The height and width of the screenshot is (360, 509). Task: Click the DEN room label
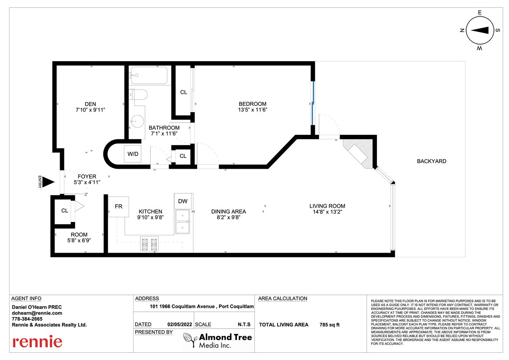90,104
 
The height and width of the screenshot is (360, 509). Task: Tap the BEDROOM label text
253,104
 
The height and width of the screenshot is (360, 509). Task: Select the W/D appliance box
133,154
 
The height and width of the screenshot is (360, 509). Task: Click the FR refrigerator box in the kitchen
119,206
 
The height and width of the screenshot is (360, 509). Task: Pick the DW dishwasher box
183,201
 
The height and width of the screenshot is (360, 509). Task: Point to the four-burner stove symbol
149,244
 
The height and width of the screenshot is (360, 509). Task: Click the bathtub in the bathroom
149,76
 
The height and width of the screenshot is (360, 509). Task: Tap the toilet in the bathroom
138,95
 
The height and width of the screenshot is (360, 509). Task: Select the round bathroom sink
137,122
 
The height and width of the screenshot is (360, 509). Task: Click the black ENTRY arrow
48,182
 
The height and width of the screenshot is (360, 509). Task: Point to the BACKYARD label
431,161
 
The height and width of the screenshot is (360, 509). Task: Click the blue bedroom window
313,103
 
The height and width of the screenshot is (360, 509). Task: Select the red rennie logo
37,342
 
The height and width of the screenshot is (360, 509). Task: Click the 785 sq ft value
330,325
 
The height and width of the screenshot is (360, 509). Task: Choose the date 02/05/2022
179,324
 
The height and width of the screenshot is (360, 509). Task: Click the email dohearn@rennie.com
37,313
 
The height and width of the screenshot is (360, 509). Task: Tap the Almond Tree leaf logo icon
190,340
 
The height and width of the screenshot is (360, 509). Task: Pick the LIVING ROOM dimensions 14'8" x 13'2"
327,212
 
